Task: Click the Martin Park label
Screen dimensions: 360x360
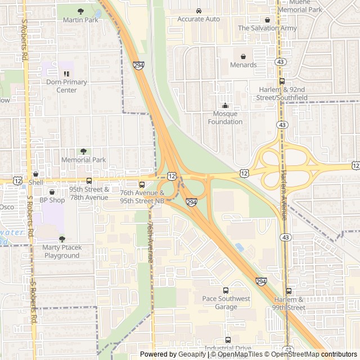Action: click(x=80, y=20)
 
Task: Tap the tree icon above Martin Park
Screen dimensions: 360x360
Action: click(x=80, y=11)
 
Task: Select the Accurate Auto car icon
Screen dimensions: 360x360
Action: click(x=199, y=10)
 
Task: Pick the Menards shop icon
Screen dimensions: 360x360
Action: click(x=243, y=56)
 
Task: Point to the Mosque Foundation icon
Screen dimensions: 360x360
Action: click(x=226, y=105)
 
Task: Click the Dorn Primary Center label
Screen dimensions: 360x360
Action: click(x=66, y=86)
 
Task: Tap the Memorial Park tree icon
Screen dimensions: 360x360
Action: click(x=84, y=151)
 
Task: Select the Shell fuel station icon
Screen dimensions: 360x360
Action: click(x=35, y=174)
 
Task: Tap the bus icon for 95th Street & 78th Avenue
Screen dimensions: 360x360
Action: click(x=89, y=181)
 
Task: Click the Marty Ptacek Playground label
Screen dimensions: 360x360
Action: click(x=62, y=251)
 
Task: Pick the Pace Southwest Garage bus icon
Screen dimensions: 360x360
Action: click(x=226, y=290)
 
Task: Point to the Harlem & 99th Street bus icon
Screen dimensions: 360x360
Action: click(x=289, y=291)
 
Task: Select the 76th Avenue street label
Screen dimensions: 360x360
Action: click(x=150, y=242)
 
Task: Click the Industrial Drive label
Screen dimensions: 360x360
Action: click(x=227, y=348)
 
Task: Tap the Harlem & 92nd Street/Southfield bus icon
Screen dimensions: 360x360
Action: click(x=282, y=81)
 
